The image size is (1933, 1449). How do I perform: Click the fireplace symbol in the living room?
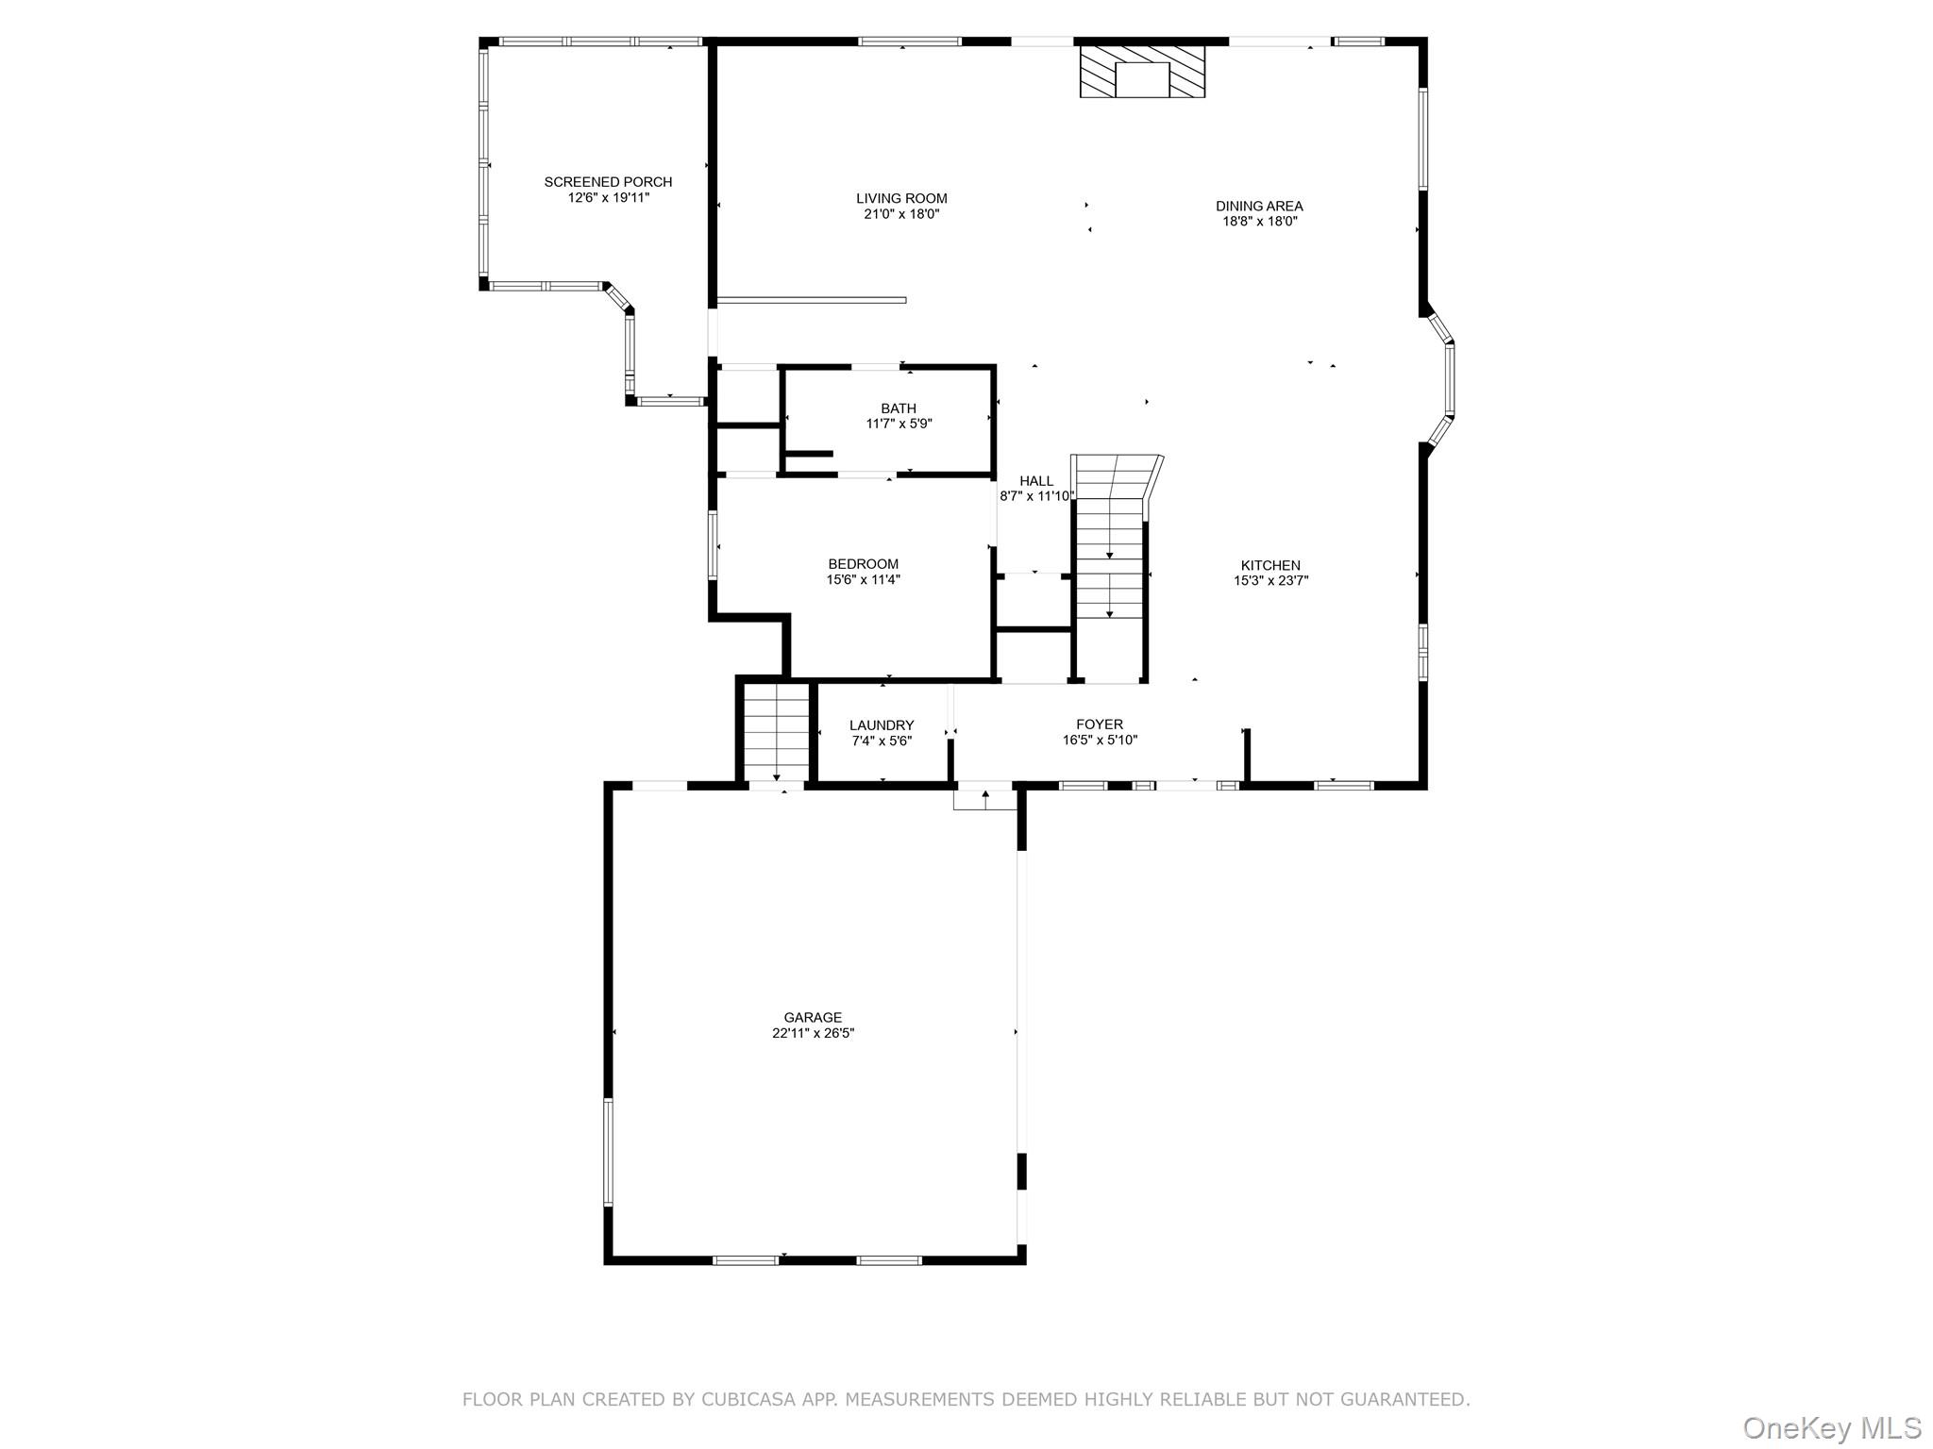(1142, 72)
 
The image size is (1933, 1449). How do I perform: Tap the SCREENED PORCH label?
(608, 182)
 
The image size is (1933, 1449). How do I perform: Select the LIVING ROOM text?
(901, 198)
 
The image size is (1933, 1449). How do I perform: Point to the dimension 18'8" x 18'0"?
(1260, 222)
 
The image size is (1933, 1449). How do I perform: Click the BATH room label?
(899, 408)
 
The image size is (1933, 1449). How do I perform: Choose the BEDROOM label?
(863, 564)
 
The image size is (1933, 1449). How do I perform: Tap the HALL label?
(1036, 481)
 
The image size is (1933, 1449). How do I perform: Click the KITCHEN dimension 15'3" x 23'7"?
(1270, 581)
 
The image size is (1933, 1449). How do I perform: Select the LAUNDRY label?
(882, 725)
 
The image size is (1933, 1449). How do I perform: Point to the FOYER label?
(1100, 724)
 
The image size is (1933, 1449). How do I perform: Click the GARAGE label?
(813, 1017)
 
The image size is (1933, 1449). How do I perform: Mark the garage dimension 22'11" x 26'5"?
(813, 1033)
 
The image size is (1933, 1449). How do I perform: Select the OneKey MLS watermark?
(1831, 1427)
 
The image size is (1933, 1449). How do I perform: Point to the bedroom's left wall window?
(714, 544)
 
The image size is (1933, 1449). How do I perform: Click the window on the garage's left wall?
(609, 1152)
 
